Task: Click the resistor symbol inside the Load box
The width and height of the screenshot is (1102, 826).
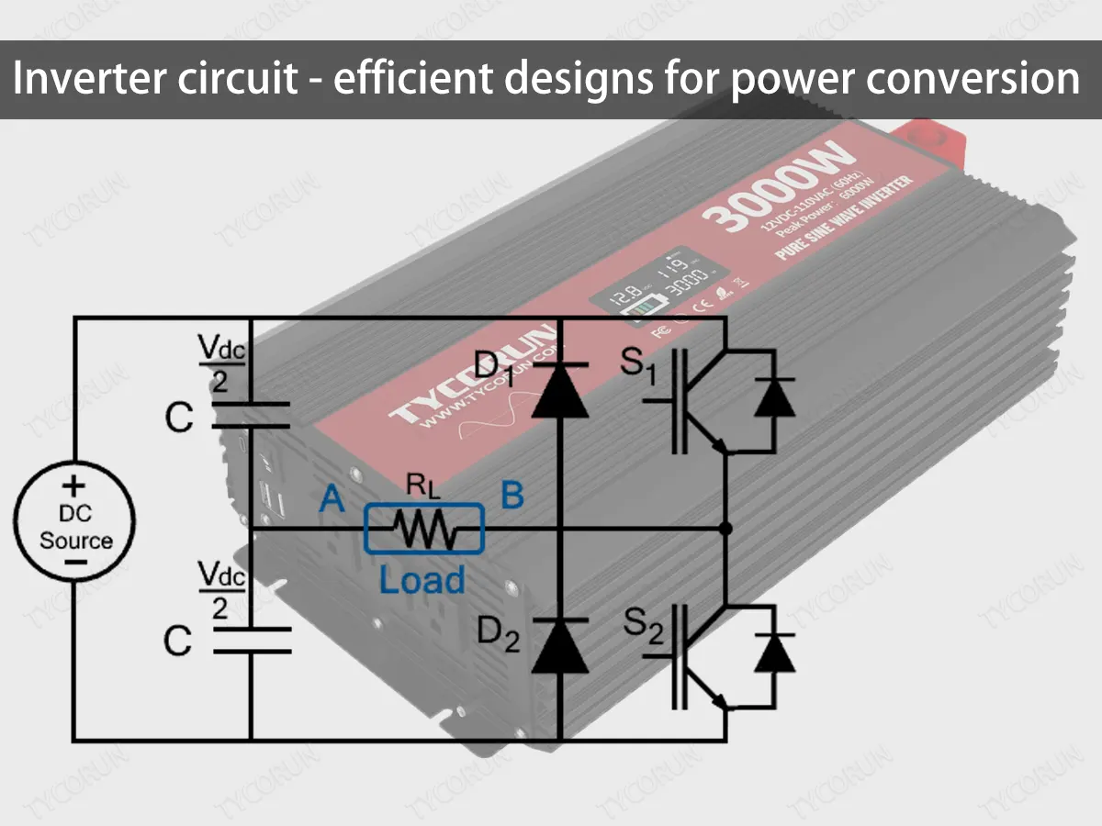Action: point(424,530)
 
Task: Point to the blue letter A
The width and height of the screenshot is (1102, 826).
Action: point(332,498)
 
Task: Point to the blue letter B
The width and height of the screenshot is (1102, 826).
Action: point(512,496)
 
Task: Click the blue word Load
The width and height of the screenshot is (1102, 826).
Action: point(422,580)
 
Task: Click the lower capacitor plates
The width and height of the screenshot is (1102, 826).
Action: point(251,640)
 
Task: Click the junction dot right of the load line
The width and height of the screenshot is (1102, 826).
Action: point(725,529)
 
